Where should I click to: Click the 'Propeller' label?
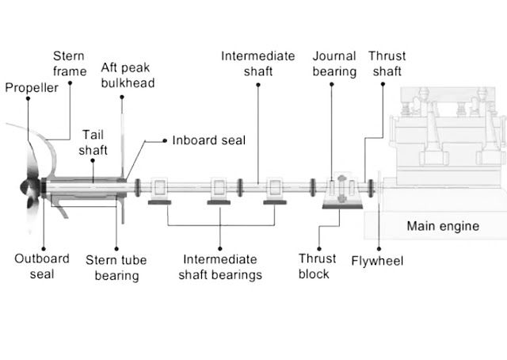click(32, 88)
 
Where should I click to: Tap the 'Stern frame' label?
click(69, 63)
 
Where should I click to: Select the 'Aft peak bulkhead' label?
click(128, 74)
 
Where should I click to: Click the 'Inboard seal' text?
click(209, 140)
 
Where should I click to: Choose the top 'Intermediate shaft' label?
click(258, 63)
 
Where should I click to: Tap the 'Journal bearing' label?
click(334, 63)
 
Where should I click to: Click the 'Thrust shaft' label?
click(387, 63)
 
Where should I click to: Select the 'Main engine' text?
click(443, 226)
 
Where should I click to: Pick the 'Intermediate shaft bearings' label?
click(220, 267)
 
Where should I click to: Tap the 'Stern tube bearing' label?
click(116, 267)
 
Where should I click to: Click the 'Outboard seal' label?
click(42, 266)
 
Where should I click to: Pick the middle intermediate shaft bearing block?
click(219, 190)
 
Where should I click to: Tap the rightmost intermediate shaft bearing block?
click(274, 190)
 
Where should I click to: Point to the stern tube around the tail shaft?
click(83, 188)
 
